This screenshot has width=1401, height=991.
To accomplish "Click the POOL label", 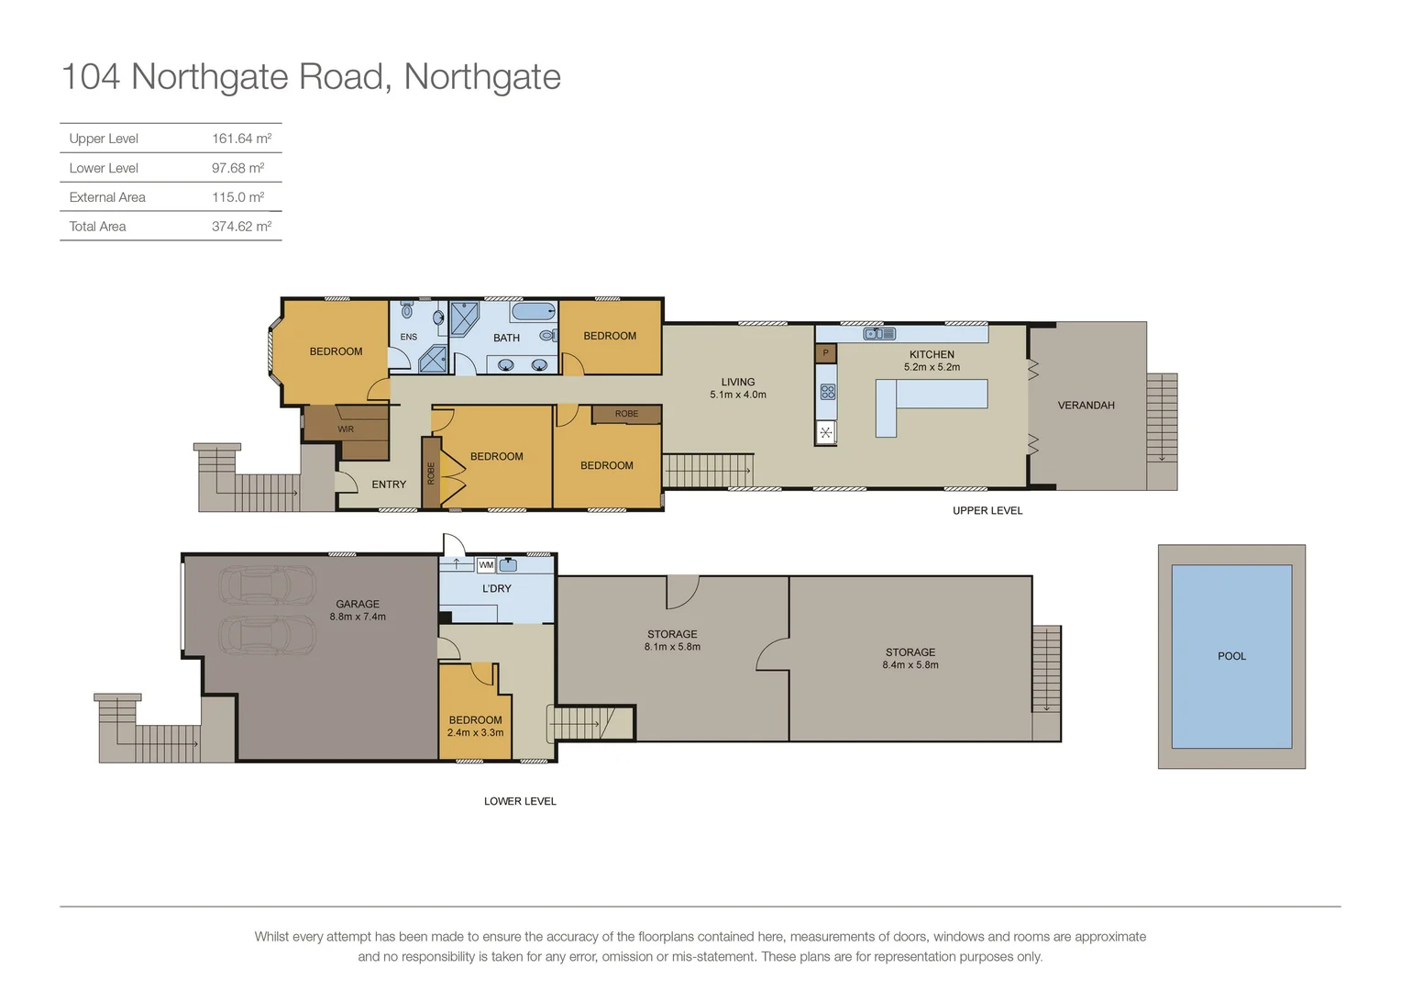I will point(1231,656).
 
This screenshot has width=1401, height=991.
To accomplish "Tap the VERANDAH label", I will point(1086,405).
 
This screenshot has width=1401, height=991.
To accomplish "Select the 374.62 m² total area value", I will point(241,227).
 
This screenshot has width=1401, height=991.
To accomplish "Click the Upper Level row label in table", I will point(104,139).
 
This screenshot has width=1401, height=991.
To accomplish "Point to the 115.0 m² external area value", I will point(237,197).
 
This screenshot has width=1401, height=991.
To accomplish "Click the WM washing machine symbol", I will point(486,565).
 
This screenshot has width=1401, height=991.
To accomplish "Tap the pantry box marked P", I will point(825,352).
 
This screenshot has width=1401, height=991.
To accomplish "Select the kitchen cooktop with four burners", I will point(827,392).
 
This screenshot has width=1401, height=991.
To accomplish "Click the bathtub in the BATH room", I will point(533,312).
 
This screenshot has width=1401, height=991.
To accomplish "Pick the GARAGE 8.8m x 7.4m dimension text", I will point(358,617).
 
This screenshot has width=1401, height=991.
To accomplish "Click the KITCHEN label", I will point(932,354).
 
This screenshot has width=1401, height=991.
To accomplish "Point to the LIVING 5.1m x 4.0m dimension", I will point(737,395).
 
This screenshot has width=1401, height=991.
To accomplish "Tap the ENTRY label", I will point(389,484).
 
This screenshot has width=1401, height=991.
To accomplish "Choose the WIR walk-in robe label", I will point(346,429).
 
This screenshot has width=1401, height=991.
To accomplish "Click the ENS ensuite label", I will point(408,337).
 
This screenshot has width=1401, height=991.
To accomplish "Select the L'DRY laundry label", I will point(497,588).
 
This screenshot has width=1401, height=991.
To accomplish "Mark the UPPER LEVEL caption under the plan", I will point(987,510).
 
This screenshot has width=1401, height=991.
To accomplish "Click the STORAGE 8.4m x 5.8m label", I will point(910,658).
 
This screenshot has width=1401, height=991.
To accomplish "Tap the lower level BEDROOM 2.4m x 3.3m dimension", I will point(475,732).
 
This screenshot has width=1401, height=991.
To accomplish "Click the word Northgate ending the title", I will point(482,77).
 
